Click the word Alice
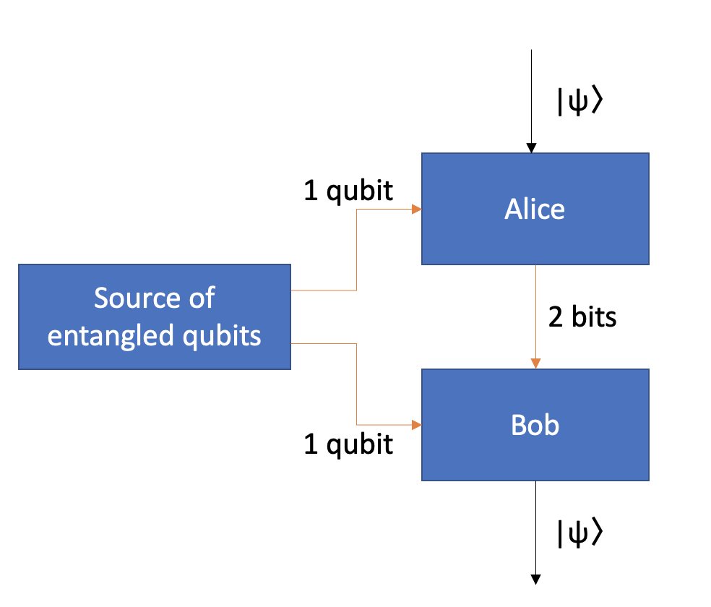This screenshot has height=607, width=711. (x=535, y=210)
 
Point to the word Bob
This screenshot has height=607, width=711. (x=535, y=425)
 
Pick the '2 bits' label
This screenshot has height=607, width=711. (x=582, y=317)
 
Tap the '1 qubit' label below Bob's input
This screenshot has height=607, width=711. (x=348, y=444)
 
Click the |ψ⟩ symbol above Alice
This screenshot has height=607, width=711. (x=579, y=102)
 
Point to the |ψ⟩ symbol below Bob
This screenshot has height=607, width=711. (x=579, y=533)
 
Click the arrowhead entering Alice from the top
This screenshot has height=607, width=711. (x=531, y=148)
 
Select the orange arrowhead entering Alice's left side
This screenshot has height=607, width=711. (x=417, y=210)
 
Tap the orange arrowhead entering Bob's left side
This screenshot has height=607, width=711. (x=417, y=425)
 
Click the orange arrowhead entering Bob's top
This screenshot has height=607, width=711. (x=535, y=363)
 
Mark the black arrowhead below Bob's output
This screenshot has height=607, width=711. (x=535, y=579)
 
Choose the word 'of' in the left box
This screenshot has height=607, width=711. (x=200, y=298)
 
